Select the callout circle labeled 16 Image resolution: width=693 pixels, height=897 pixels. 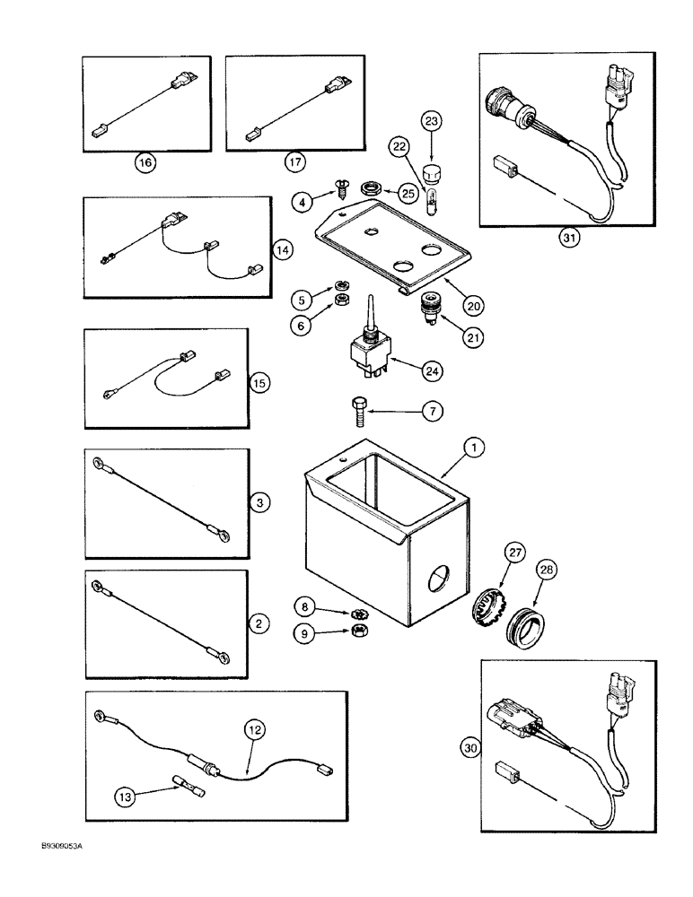[x=145, y=161]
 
